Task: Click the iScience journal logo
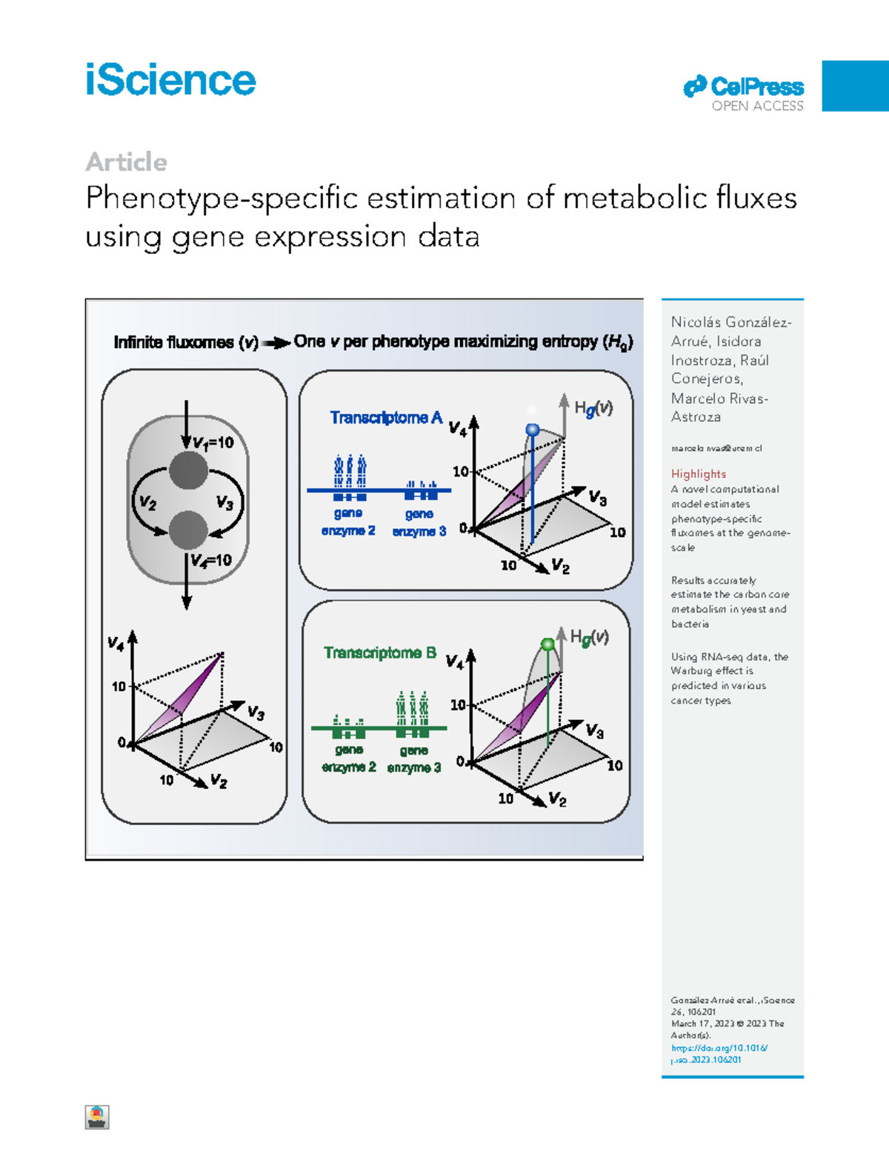pyautogui.click(x=170, y=80)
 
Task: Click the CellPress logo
pyautogui.click(x=743, y=87)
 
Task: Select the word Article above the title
pyautogui.click(x=126, y=161)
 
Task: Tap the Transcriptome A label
pyautogui.click(x=386, y=418)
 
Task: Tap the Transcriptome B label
pyautogui.click(x=380, y=653)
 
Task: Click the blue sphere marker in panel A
pyautogui.click(x=532, y=430)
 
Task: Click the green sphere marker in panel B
pyautogui.click(x=547, y=644)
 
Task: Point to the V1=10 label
pyautogui.click(x=213, y=443)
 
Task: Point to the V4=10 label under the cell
pyautogui.click(x=211, y=560)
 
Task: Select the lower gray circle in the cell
pyautogui.click(x=188, y=529)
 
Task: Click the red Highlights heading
pyautogui.click(x=698, y=474)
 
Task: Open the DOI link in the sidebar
pyautogui.click(x=719, y=1053)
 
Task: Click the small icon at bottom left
pyautogui.click(x=97, y=1117)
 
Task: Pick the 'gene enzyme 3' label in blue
pyautogui.click(x=419, y=522)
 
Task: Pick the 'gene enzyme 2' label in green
pyautogui.click(x=349, y=758)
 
